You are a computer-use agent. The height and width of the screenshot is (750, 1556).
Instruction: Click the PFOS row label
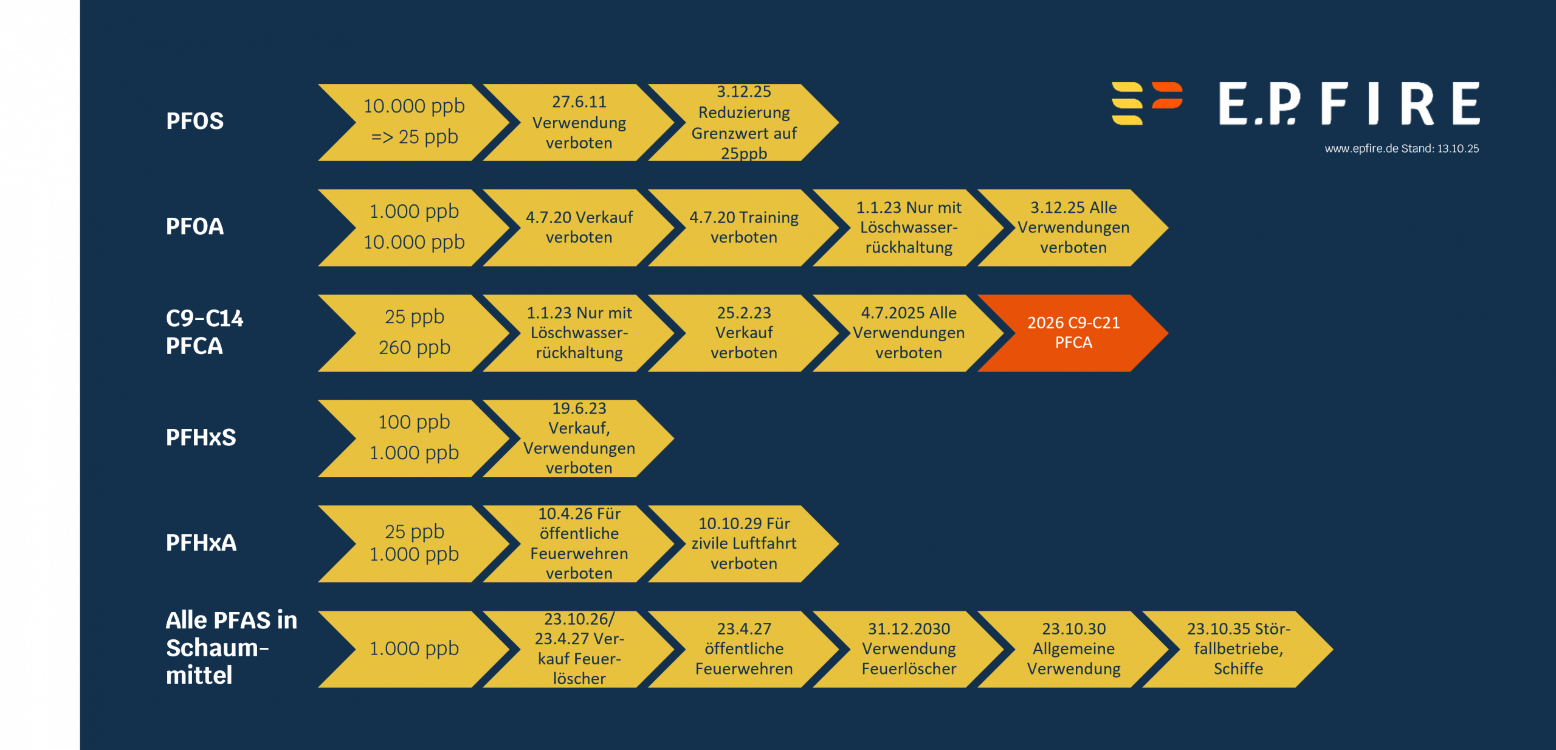point(194,121)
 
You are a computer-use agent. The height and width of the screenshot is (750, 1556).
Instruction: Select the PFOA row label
point(194,226)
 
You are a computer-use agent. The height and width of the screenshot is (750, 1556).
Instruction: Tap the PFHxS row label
point(201,437)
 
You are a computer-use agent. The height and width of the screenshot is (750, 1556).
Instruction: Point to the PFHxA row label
point(201,543)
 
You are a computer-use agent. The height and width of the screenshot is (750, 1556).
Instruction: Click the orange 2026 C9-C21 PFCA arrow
point(1073,333)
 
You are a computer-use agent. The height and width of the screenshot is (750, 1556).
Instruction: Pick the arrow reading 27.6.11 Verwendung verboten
point(579,122)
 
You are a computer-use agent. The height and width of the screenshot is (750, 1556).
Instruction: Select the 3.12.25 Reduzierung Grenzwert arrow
point(743,122)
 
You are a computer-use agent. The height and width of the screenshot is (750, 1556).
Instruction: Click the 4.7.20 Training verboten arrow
point(743,227)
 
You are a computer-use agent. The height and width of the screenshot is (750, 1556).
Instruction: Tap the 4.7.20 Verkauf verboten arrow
point(579,227)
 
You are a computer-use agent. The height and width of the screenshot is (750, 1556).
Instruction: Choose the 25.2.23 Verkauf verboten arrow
point(743,333)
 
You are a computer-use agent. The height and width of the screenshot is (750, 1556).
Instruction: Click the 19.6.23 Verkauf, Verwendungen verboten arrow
point(579,438)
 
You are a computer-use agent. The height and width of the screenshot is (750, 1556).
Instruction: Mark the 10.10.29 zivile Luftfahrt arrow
point(743,543)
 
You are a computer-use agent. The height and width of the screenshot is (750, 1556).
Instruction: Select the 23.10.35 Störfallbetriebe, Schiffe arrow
point(1238,648)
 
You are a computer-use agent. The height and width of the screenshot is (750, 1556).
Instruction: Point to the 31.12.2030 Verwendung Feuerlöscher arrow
point(909,648)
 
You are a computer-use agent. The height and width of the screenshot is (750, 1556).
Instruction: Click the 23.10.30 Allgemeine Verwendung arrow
point(1073,648)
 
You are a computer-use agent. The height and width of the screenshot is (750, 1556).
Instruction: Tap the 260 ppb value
point(415,347)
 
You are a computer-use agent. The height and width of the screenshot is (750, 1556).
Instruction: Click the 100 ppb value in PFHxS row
point(415,422)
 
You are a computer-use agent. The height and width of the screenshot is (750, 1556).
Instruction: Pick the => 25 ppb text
point(415,137)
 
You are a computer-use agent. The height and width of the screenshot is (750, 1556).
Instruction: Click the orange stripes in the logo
point(1167,95)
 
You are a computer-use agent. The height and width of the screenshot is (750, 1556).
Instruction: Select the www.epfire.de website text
point(1361,148)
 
